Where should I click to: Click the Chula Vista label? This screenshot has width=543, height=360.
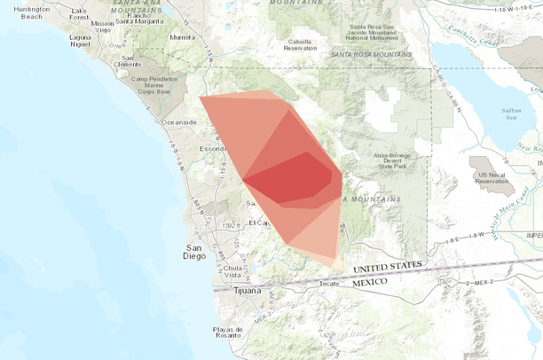pyautogui.click(x=233, y=270)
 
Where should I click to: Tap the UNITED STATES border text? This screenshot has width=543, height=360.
pyautogui.click(x=388, y=267)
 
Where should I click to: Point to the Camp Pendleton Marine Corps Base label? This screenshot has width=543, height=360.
pyautogui.click(x=156, y=84)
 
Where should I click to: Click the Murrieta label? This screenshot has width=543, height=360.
pyautogui.click(x=182, y=38)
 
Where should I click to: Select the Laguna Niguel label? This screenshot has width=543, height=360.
pyautogui.click(x=81, y=40)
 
